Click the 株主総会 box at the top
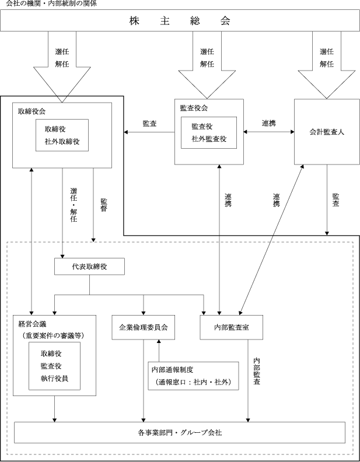(180, 20)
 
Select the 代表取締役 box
(89, 267)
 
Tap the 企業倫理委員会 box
(143, 327)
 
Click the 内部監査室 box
(231, 327)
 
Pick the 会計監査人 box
(327, 132)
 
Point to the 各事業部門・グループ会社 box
(180, 432)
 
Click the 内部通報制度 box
(193, 376)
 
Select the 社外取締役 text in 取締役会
(62, 141)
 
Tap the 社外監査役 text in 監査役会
(209, 139)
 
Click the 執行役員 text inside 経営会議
(54, 379)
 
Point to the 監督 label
(104, 205)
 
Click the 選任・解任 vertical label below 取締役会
(74, 205)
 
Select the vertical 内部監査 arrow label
(257, 371)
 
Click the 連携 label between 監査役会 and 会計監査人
(269, 123)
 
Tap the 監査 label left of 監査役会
(149, 124)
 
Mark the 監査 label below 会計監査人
(335, 199)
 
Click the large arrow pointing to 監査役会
(207, 65)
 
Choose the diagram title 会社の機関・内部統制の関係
(51, 3)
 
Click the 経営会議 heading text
(33, 324)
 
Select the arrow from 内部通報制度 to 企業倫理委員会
(159, 351)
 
